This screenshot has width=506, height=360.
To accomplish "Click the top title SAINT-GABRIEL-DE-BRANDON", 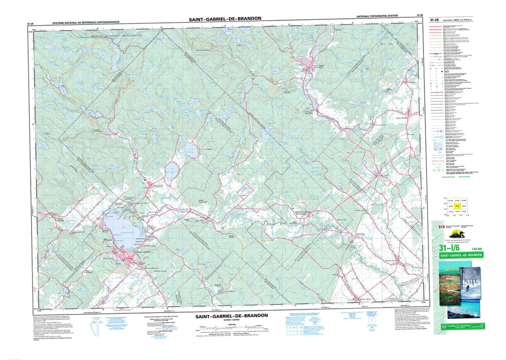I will point(225,18).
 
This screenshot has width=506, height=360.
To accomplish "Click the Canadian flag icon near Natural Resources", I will point(442,226).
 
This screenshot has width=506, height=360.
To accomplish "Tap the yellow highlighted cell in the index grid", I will point(458,206).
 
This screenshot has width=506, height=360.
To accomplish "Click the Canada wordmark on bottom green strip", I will point(474,327).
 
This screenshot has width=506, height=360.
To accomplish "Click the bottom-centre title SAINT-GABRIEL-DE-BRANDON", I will point(231,315).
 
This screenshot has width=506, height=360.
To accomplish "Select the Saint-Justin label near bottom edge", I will point(365,299).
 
